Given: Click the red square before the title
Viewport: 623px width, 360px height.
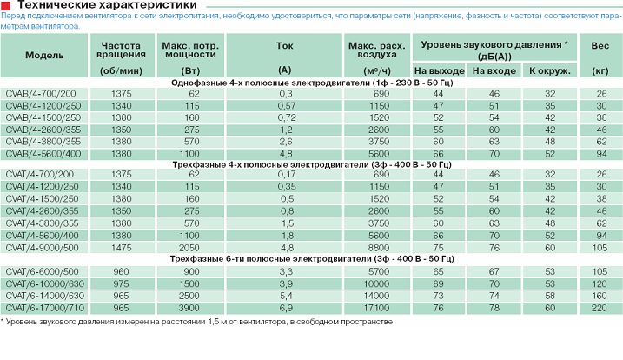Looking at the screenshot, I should tap(6, 7).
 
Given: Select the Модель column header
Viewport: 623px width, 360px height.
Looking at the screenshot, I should tap(44, 55).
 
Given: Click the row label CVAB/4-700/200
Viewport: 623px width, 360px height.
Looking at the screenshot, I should tap(41, 92).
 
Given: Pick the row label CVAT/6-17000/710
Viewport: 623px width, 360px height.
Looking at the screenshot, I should tap(45, 308).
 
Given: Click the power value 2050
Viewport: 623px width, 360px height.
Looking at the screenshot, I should tap(192, 246).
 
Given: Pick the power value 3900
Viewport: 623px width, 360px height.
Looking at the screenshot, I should tap(192, 308).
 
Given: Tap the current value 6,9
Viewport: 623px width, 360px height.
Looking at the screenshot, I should tap(283, 308).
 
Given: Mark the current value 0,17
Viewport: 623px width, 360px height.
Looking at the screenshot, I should tap(283, 174).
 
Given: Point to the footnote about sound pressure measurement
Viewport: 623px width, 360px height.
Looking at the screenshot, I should tap(198, 322).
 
